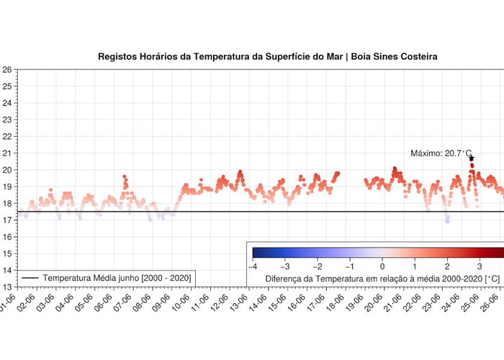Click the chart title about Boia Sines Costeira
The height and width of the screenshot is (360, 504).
267,56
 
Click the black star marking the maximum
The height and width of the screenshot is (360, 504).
472,158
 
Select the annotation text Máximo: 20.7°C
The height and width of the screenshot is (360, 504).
441,153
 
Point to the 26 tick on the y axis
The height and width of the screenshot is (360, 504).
6,70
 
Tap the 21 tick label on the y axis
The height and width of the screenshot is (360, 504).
6,153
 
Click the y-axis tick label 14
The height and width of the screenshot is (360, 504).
6,270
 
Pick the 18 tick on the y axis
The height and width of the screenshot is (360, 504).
6,204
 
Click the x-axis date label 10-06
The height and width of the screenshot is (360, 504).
179,303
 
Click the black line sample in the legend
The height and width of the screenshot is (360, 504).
30,278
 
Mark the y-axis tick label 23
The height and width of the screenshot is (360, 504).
6,120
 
